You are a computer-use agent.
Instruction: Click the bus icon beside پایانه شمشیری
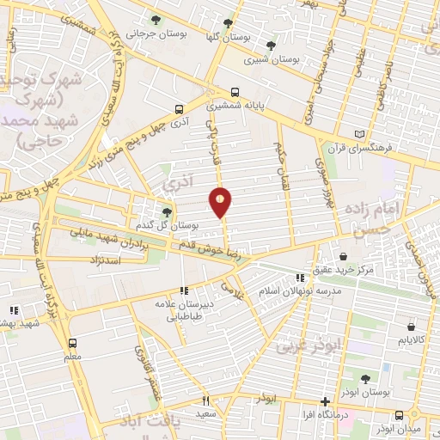234,92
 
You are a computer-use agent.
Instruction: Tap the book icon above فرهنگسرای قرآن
359,134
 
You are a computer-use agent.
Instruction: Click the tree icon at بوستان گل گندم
167,211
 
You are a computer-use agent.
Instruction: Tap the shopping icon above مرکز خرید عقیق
343,256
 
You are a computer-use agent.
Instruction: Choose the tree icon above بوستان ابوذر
365,378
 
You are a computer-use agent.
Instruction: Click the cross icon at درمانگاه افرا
324,401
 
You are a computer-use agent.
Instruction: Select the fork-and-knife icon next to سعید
205,400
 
